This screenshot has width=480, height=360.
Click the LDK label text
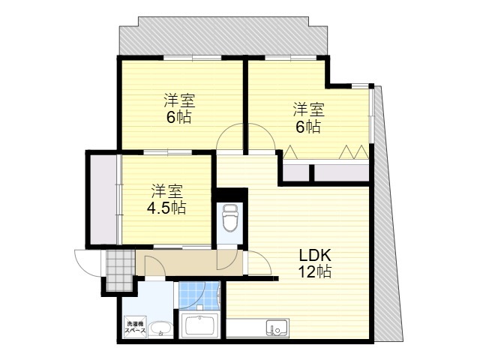point(313,254)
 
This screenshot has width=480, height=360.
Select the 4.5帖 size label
point(168,207)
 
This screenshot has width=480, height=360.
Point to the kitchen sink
point(276,328)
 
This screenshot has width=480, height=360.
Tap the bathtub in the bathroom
point(199,326)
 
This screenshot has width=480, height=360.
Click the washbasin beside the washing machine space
point(159,328)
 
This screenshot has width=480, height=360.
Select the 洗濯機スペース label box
point(134,327)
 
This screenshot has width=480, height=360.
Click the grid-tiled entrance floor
point(118,268)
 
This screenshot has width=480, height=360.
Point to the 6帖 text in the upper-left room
point(179,117)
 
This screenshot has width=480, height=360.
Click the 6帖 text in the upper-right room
point(307,127)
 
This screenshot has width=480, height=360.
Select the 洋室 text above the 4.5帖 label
point(168,190)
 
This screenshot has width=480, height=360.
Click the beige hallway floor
point(180,262)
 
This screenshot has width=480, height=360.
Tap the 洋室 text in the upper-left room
point(179,100)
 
